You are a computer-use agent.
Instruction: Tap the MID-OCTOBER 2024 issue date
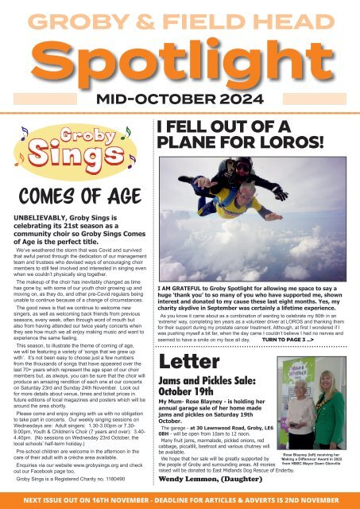[180, 99]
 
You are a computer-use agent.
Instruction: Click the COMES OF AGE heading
[72, 196]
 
